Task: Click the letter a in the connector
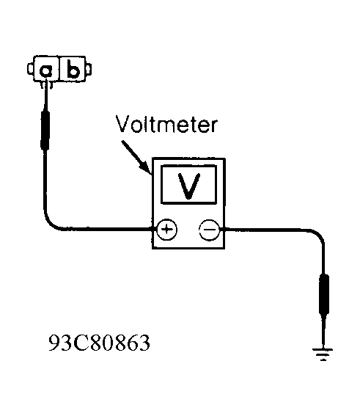[46, 70]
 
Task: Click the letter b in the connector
[73, 69]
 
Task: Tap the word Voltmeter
[166, 125]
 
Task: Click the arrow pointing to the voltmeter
[136, 157]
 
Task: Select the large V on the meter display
[189, 186]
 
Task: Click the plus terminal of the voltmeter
[166, 229]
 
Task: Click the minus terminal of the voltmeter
[210, 230]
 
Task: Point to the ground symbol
[323, 354]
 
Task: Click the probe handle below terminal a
[45, 130]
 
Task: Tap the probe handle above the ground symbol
[323, 294]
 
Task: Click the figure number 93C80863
[100, 343]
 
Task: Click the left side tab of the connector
[30, 69]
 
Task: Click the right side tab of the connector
[89, 69]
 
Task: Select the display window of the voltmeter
[188, 185]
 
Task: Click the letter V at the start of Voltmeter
[123, 124]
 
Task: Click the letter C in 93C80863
[81, 343]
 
